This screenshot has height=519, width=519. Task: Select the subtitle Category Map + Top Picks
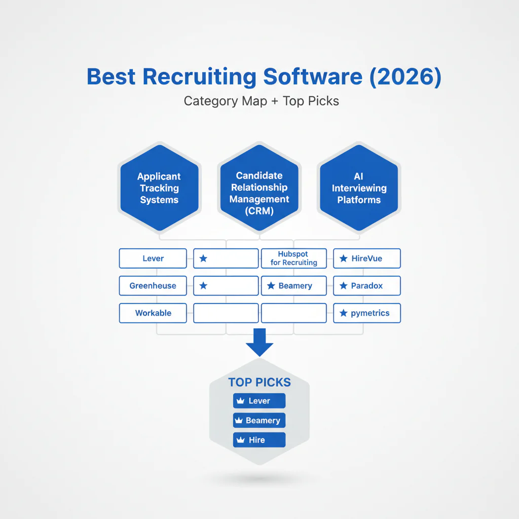261,101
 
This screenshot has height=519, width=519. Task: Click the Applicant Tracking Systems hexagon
159,188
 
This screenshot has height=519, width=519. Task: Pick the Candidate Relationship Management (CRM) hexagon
259,193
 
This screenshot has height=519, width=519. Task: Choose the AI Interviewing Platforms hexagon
359,188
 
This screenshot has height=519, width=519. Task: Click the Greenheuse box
153,286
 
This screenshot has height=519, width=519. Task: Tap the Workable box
153,313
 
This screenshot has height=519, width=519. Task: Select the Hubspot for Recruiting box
293,258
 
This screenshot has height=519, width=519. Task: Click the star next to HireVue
343,258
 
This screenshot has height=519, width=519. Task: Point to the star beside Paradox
343,286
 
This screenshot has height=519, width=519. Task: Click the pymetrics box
366,313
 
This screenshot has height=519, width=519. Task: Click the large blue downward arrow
259,342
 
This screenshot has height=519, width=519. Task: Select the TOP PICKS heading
259,382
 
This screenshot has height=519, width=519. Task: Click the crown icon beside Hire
240,440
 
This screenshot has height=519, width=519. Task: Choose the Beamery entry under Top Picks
259,421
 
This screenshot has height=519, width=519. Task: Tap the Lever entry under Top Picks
259,401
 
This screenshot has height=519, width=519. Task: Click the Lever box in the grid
153,258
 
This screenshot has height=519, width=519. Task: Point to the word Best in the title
112,76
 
